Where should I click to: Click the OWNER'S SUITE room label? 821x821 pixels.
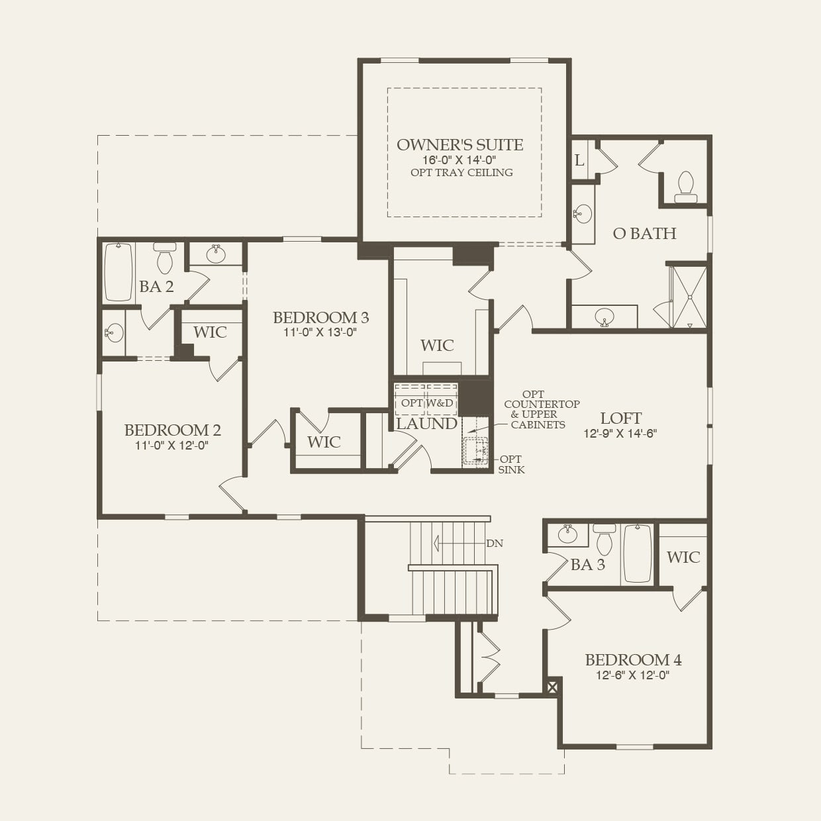[459, 145]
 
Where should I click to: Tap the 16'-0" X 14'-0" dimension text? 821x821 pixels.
[459, 160]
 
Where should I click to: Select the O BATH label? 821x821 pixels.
[644, 233]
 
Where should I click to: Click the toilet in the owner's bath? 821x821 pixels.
[686, 186]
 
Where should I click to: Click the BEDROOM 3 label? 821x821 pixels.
[320, 318]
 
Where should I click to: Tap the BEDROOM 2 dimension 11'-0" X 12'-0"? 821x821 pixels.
[172, 446]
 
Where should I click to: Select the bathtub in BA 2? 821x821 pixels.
[119, 271]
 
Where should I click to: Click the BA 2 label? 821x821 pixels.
[156, 287]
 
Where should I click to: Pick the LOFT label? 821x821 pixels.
[620, 418]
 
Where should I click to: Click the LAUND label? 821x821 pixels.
[426, 424]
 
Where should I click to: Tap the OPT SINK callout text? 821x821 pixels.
[511, 464]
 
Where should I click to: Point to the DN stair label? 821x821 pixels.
[495, 544]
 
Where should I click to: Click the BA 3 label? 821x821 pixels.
[587, 565]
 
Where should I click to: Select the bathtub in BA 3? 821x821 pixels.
[637, 554]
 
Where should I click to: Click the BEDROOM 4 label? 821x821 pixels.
[633, 660]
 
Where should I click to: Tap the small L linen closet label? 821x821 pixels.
[579, 160]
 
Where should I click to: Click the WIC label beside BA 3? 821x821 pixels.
[683, 557]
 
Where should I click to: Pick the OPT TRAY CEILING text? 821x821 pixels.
[461, 173]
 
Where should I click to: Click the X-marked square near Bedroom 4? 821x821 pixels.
[553, 687]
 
